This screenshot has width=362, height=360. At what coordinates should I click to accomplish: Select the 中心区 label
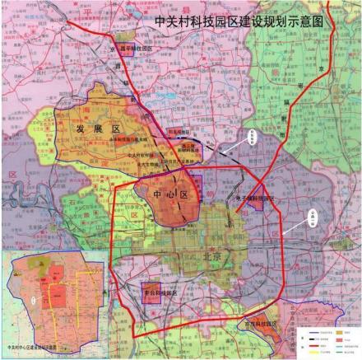coord(171,194)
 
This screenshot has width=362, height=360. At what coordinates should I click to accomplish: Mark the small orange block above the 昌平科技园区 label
coord(125,37)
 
